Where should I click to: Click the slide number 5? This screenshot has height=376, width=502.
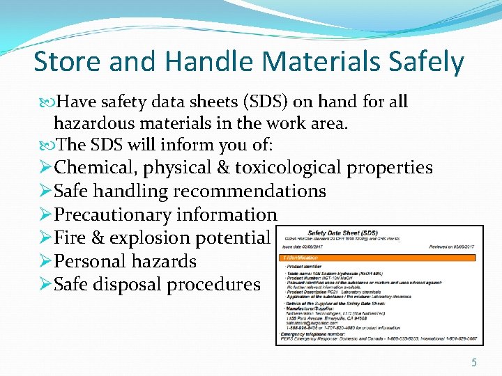point(473,362)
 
